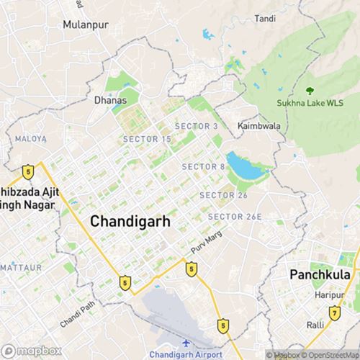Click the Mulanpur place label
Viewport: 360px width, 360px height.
pyautogui.click(x=84, y=24)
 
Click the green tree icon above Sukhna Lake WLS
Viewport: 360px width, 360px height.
pyautogui.click(x=310, y=91)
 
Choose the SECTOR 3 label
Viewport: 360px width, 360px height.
pyautogui.click(x=194, y=126)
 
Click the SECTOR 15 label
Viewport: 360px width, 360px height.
pyautogui.click(x=147, y=138)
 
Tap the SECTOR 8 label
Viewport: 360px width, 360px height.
pyautogui.click(x=204, y=167)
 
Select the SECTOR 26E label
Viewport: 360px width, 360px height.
pyautogui.click(x=235, y=217)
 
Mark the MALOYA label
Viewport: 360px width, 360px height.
pyautogui.click(x=31, y=138)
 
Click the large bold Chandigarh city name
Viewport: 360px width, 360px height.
pyautogui.click(x=130, y=222)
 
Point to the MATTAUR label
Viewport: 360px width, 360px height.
pyautogui.click(x=21, y=267)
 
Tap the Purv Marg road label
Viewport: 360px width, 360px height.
pyautogui.click(x=203, y=241)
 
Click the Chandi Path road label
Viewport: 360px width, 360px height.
pyautogui.click(x=77, y=315)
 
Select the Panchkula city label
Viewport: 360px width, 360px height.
pyautogui.click(x=319, y=275)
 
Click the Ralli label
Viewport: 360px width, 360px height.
pyautogui.click(x=315, y=325)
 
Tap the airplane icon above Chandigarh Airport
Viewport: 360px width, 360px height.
pyautogui.click(x=186, y=343)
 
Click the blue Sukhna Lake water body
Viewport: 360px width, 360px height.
pyautogui.click(x=243, y=166)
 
